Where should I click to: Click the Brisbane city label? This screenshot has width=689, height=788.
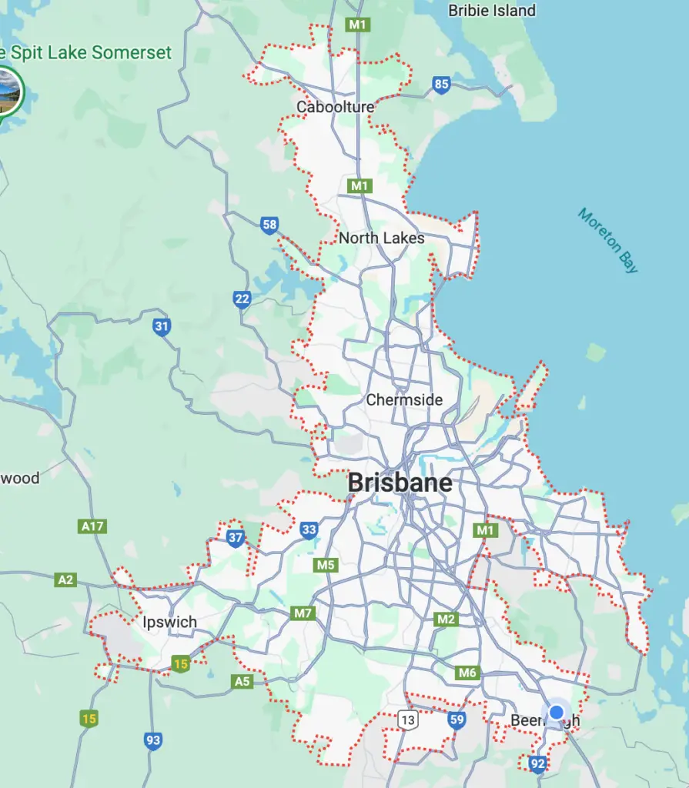(x=400, y=482)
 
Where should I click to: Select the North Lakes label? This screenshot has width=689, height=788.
(x=381, y=238)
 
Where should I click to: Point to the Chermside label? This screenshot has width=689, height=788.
(x=404, y=399)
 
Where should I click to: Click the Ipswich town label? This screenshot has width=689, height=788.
(x=170, y=622)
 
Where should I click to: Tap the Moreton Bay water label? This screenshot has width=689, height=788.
(x=608, y=240)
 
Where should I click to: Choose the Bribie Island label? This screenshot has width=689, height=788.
(x=492, y=10)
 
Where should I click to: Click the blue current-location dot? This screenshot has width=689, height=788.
(x=556, y=713)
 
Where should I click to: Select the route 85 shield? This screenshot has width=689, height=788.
(x=441, y=85)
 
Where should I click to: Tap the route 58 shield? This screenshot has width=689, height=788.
(x=269, y=225)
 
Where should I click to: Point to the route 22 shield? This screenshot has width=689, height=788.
(x=242, y=299)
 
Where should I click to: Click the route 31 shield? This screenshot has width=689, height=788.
(x=162, y=327)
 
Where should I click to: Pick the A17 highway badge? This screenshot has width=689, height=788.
(x=92, y=527)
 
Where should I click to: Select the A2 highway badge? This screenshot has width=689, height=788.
(x=65, y=579)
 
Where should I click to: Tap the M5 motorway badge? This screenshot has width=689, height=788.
(x=326, y=566)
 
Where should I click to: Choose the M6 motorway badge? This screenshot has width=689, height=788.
(x=467, y=673)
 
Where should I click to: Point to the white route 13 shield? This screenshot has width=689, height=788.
(x=407, y=720)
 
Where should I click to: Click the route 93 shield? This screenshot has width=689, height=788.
(x=153, y=741)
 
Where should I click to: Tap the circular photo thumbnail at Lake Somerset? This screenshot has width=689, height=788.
(x=7, y=91)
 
